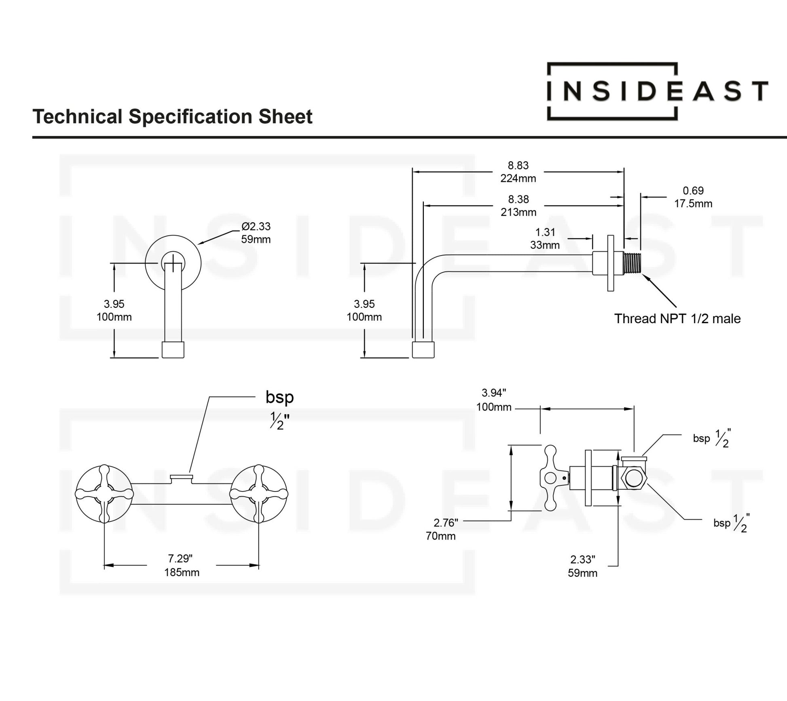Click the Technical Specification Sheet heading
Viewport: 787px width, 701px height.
172,116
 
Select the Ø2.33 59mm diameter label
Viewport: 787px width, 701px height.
256,233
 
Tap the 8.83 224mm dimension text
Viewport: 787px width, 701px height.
518,172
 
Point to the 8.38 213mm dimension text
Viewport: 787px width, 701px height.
518,205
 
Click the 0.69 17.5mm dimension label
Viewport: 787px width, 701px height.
693,197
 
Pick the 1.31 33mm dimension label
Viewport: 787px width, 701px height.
545,239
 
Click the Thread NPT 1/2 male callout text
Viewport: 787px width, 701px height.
677,319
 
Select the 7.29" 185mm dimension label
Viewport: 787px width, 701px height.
181,565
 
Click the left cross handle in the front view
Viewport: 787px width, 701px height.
104,494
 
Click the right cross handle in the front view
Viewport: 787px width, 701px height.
259,494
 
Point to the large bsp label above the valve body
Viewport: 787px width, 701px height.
279,397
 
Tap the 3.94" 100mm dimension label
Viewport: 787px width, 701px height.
494,400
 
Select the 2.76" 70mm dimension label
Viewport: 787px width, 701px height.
442,529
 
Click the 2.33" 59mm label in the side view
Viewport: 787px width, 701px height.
582,566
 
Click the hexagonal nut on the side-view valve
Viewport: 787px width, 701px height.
634,478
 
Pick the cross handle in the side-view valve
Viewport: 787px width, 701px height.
550,478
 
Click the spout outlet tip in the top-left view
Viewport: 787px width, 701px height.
173,350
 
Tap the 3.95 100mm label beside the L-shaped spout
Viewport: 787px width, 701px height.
364,310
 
